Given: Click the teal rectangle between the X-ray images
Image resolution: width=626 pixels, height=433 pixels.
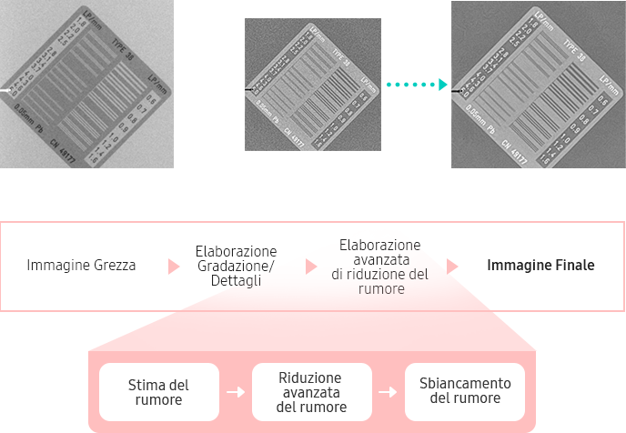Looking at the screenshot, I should click(417, 85).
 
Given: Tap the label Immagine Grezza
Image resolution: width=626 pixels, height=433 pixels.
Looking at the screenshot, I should click(81, 266).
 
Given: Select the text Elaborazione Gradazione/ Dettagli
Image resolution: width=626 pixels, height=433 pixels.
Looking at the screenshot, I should click(236, 266).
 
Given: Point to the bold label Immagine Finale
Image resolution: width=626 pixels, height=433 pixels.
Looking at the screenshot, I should click(540, 266).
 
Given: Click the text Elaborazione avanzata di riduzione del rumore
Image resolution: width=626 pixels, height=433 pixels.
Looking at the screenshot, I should click(379, 267).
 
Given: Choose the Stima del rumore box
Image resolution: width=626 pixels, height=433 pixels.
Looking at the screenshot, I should click(158, 392).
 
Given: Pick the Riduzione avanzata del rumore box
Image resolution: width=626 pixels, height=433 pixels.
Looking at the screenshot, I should click(311, 392).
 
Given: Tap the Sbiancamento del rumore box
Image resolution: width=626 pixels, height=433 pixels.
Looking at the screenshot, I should click(465, 392).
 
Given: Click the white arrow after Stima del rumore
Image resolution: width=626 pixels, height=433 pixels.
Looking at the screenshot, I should click(236, 392).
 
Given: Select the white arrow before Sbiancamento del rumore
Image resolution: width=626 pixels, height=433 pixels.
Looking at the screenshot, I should click(389, 392).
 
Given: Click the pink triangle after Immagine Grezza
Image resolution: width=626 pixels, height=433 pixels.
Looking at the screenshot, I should click(173, 267).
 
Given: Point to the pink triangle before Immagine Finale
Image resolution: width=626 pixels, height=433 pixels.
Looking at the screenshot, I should click(452, 267).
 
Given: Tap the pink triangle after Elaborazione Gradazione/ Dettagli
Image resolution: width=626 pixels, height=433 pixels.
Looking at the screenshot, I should click(311, 267).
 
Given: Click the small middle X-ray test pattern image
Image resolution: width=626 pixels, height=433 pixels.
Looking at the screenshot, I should click(313, 85).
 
